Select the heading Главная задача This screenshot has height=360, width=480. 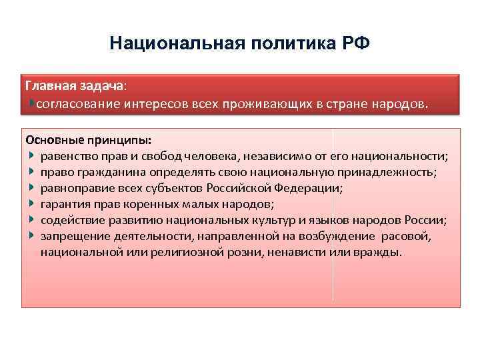tap(73, 87)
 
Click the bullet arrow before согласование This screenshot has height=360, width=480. tap(32, 104)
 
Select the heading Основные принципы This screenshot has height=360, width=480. tap(88, 141)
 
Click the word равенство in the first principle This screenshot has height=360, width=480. tap(69, 157)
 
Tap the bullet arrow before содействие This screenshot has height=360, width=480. tap(31, 220)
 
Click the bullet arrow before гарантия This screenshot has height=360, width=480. tap(31, 204)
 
